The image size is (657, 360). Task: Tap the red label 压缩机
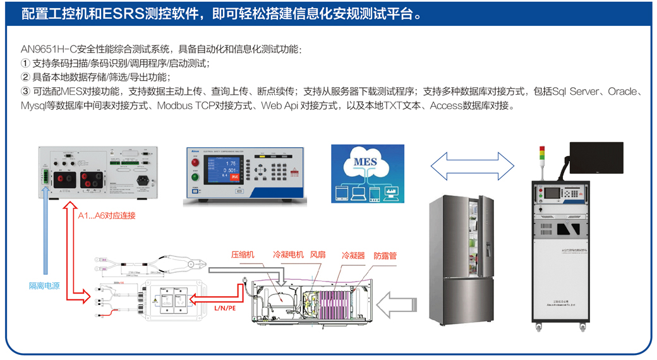[243, 255]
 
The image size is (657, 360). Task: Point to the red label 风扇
[318, 255]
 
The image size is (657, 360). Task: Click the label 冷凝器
[353, 256]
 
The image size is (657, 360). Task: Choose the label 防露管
[385, 256]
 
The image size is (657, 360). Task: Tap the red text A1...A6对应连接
[107, 215]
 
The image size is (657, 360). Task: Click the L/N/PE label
[224, 308]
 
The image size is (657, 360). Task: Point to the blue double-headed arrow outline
[473, 166]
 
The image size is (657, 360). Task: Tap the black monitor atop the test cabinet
[596, 158]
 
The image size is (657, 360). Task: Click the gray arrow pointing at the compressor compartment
[401, 303]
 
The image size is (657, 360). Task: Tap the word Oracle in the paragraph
[622, 92]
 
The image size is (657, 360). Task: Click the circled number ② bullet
[25, 77]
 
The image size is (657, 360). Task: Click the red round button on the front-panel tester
[196, 162]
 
